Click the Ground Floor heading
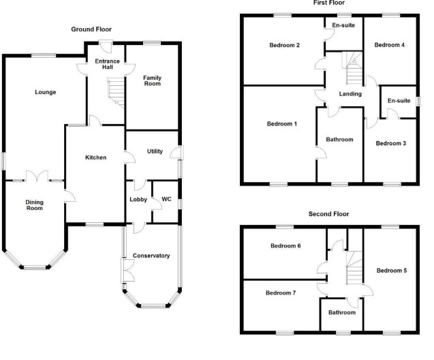(x=91, y=29)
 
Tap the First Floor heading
(x=328, y=3)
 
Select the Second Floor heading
(x=328, y=213)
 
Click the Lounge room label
(x=46, y=92)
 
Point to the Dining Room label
(x=35, y=205)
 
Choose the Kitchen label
(x=95, y=157)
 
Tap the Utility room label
(x=155, y=151)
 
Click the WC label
(x=166, y=199)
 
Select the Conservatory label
(x=151, y=256)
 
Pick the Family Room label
(x=152, y=82)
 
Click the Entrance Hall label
(x=108, y=65)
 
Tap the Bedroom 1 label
(x=281, y=123)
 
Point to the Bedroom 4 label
(x=390, y=45)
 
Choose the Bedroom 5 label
(x=391, y=270)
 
